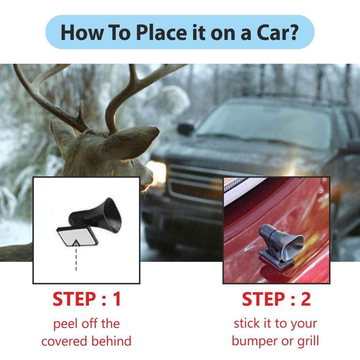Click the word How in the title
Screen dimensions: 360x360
tap(82, 32)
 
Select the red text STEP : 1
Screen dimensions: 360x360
tap(86, 299)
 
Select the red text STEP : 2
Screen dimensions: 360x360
tap(276, 299)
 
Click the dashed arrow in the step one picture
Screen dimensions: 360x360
tap(76, 255)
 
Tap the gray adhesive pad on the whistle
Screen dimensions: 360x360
tap(77, 237)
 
